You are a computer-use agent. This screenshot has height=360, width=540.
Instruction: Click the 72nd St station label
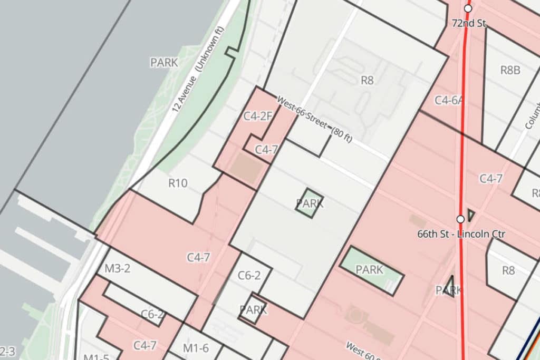469,24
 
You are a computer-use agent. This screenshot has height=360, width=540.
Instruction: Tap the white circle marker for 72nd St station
468,8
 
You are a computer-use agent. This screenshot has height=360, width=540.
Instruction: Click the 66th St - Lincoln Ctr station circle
460,219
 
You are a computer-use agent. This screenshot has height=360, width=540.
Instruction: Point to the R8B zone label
510,70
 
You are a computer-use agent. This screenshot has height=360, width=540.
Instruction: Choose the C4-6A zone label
449,100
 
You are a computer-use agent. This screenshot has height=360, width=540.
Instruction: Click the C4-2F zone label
257,116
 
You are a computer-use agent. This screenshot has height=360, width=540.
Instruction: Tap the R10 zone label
178,183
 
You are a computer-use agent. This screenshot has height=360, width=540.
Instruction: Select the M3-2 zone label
117,268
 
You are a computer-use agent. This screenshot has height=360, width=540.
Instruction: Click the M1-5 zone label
96,356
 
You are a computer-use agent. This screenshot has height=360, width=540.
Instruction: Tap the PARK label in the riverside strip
164,63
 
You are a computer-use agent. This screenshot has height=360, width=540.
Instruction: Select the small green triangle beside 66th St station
471,215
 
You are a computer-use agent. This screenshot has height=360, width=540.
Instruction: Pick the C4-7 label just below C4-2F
266,150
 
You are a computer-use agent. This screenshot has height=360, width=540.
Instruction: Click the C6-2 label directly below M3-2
152,315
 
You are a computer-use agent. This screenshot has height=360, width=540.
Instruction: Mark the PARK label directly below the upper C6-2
253,309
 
